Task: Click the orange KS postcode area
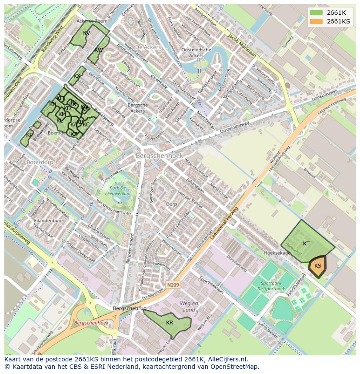(318, 266)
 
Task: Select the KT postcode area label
(307, 244)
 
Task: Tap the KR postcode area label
(170, 323)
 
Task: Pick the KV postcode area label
(87, 33)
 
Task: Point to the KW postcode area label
(99, 50)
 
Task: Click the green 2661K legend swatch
(316, 13)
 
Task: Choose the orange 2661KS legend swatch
(316, 21)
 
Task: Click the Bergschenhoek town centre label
(159, 156)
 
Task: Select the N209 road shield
(172, 285)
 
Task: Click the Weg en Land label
(189, 306)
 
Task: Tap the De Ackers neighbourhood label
(148, 47)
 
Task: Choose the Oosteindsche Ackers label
(196, 53)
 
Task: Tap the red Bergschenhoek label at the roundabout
(91, 323)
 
